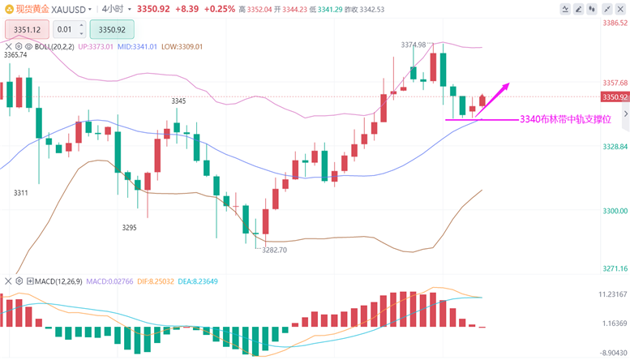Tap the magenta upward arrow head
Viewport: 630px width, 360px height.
tap(508, 84)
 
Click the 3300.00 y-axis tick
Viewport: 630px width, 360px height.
tap(615, 211)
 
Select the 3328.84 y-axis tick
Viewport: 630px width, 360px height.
tap(615, 147)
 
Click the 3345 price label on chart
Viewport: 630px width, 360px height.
tap(178, 101)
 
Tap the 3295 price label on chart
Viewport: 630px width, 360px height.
tap(129, 228)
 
